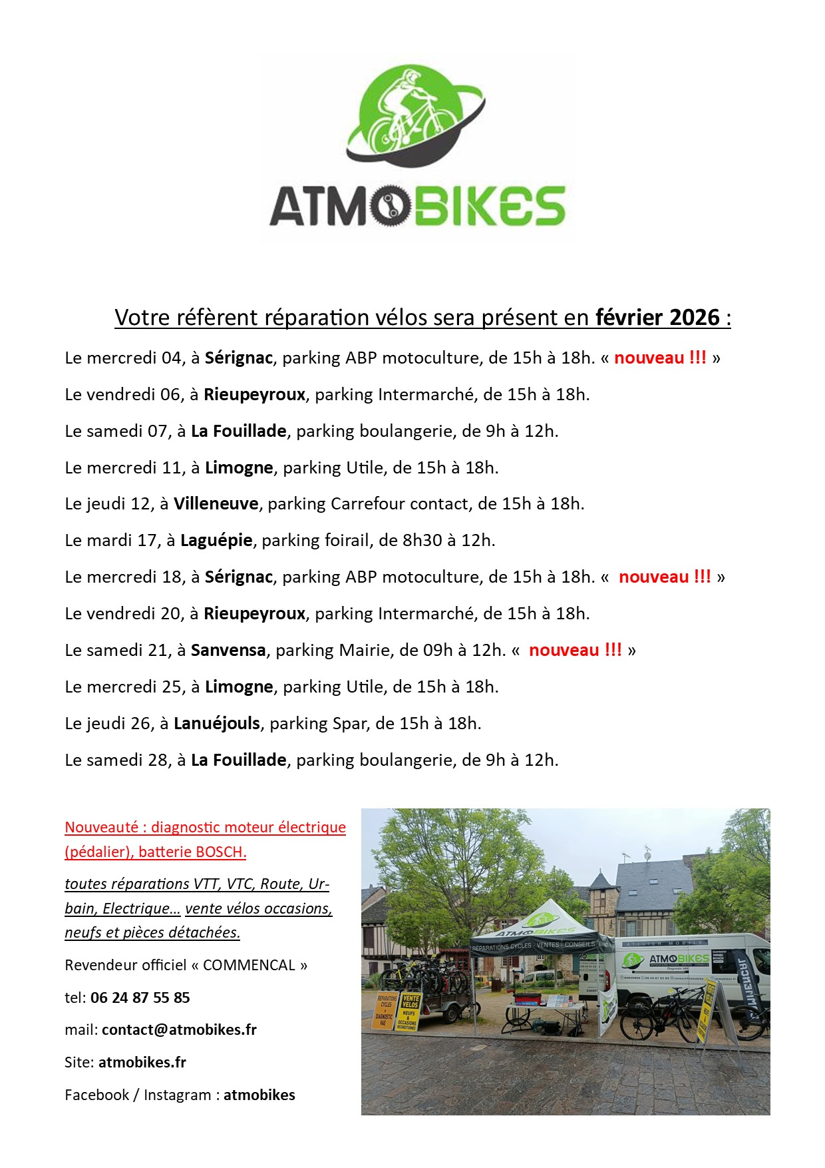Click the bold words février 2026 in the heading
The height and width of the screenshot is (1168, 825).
[657, 318]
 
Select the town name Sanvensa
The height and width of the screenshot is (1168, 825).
[228, 650]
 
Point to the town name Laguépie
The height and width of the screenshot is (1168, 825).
[216, 540]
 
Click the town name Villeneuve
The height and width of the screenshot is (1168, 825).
[216, 503]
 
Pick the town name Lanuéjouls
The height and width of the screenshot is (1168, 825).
[217, 723]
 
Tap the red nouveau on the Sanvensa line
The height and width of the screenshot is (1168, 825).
[564, 650]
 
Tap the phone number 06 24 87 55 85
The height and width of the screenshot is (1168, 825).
[140, 998]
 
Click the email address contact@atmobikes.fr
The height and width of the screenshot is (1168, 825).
[179, 1029]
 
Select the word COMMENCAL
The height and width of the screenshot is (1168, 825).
[249, 965]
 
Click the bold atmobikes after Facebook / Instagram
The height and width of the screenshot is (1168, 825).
[259, 1095]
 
